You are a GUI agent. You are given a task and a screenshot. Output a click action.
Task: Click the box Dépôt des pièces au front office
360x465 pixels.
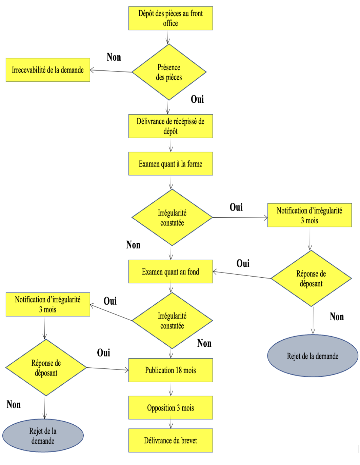pos(171,18)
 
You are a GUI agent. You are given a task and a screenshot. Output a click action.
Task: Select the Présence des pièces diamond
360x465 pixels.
pos(169,72)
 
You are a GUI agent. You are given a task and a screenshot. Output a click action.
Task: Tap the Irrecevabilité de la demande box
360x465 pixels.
pos(48,70)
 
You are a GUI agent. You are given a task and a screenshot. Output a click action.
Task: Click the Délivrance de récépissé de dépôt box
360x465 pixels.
pos(171,126)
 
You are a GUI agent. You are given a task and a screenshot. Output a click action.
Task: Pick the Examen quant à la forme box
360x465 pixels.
pos(171,164)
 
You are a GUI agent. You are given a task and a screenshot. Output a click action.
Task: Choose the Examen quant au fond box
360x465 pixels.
pos(171,271)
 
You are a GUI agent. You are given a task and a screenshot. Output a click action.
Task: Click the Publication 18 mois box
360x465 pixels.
pos(171,370)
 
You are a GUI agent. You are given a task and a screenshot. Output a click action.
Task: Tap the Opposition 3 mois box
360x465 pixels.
pos(171,408)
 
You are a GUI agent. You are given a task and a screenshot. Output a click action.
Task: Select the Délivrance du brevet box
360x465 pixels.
pos(171,440)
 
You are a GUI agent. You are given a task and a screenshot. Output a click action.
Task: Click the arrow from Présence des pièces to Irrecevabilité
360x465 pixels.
pos(111,71)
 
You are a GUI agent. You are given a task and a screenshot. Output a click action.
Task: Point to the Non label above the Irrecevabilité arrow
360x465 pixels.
pos(114,57)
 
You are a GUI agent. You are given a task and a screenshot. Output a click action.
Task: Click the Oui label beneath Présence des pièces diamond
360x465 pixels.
pos(197,99)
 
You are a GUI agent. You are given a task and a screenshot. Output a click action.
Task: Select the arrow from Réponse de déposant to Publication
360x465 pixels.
pos(107,369)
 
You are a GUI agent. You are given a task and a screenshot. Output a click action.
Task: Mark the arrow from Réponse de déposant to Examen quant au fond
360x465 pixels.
pos(242,275)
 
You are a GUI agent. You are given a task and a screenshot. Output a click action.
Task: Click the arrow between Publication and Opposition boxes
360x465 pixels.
pos(171,389)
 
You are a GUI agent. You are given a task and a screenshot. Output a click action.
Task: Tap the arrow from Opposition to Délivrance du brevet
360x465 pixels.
pos(171,424)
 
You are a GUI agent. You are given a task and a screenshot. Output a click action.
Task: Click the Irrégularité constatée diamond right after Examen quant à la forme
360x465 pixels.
pos(172,218)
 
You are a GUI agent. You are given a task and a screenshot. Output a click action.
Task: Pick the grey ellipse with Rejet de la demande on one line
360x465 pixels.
pos(313,356)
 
